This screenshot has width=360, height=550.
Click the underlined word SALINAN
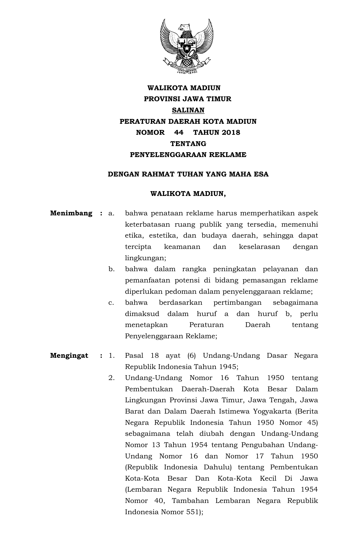coord(188,110)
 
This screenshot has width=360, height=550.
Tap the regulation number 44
coord(179,132)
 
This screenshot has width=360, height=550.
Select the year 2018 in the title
coord(231,132)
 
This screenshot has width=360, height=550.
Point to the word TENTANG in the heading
coord(188,144)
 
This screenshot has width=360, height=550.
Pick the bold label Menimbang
coord(71,213)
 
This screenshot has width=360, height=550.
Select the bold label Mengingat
coord(69,355)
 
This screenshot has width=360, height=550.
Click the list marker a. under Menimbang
coord(111,213)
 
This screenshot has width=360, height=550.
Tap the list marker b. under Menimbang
coord(111,269)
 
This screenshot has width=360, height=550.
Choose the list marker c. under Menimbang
coord(111,302)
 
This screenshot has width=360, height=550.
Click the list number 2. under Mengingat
coord(111,378)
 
